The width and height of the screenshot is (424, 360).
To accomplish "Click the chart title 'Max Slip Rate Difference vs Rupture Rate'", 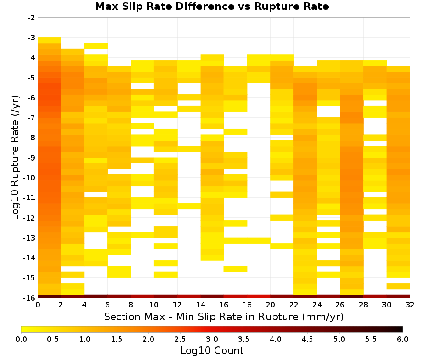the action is coord(212,6).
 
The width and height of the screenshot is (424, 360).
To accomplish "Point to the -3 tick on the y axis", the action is coord(31,38).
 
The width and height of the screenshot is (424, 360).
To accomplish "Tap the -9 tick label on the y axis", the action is coord(31,158).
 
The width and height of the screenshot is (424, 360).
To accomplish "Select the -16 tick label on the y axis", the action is coord(30,298).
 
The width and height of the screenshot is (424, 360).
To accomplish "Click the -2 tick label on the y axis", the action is coord(31,18).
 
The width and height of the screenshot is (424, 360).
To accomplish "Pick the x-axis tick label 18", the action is coord(247,305).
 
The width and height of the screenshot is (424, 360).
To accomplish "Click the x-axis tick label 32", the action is coord(410,305).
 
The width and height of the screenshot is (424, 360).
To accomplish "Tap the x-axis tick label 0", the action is coord(38,305).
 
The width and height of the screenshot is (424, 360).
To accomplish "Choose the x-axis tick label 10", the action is coord(154,305).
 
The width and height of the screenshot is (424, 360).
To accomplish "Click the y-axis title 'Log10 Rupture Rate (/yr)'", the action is coord(15,158).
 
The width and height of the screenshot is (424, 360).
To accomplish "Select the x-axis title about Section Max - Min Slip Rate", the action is coord(224,316).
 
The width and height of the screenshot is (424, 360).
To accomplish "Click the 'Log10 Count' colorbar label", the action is coord(212,351).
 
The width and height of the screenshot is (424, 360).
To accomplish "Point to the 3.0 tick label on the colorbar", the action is coord(212,339).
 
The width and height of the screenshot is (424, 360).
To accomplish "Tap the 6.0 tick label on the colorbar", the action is coord(403,339).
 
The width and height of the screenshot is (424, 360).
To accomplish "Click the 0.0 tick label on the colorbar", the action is coord(21,339).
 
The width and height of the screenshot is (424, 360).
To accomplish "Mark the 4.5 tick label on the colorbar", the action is coord(307,339).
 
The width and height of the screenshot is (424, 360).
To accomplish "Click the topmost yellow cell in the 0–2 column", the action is coord(50,40).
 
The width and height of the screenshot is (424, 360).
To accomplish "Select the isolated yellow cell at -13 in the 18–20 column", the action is coord(259,241).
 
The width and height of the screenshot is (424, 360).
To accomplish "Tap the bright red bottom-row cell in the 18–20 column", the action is coord(259,296).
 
